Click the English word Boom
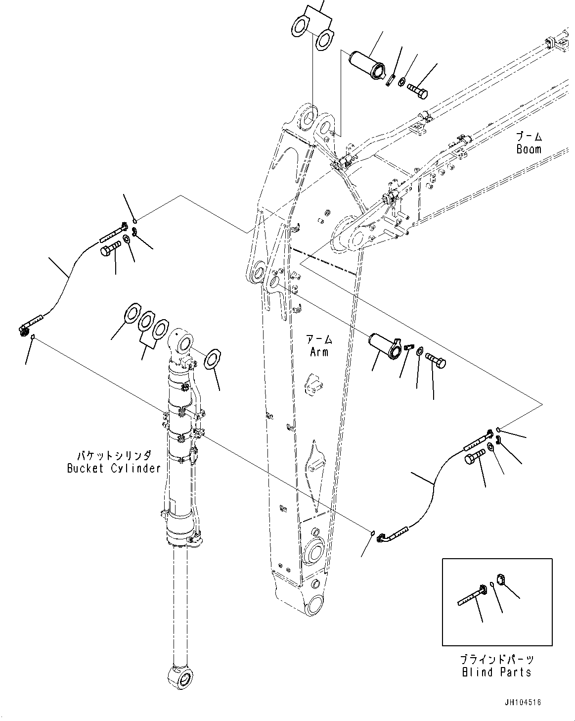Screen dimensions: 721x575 529,149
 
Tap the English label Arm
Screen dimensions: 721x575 319,352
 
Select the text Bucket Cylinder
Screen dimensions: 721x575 114,468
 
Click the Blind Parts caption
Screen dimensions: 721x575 496,672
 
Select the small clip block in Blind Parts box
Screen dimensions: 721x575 500,578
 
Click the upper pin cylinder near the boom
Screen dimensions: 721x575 366,64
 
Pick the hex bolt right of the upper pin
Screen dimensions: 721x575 418,89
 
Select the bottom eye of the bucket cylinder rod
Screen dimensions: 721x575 182,676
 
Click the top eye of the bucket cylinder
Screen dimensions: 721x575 182,341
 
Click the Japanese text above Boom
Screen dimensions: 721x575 529,137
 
